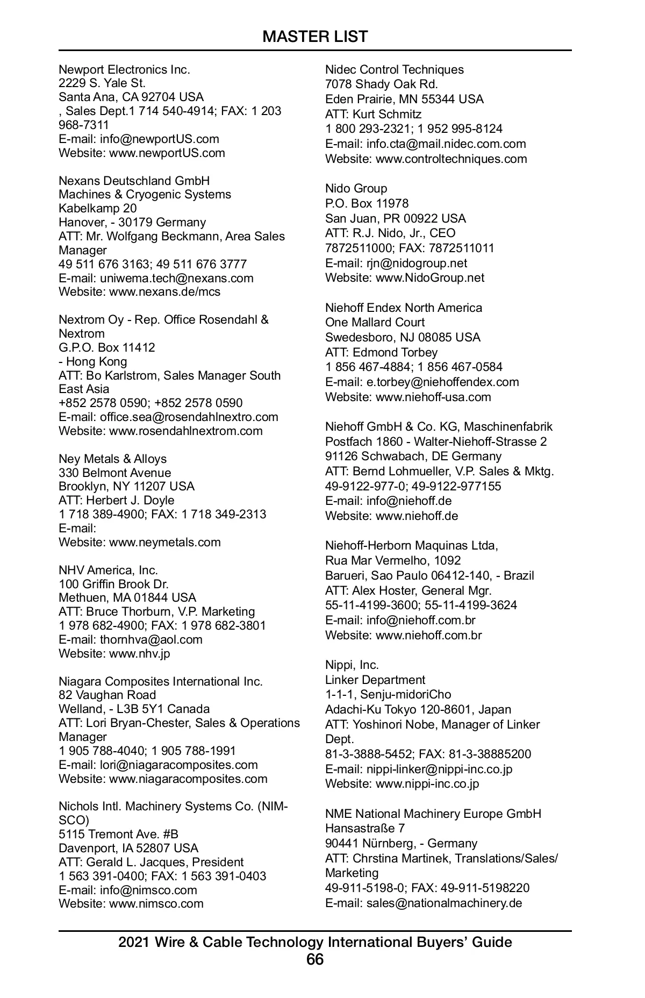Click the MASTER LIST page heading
(315, 37)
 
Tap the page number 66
(315, 959)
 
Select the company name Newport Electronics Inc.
(124, 69)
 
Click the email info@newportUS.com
(159, 139)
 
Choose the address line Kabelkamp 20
(97, 208)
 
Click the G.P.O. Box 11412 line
(106, 347)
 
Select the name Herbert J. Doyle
(130, 501)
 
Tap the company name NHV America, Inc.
(108, 570)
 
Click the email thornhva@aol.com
(151, 639)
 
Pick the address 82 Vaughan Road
(107, 695)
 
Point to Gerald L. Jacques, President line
(164, 862)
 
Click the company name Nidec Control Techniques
(394, 69)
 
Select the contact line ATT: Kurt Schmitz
(373, 114)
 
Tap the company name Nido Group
(356, 188)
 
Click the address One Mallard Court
(375, 322)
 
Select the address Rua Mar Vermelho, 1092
(392, 560)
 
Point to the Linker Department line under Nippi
(375, 680)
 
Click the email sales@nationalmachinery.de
(444, 903)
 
